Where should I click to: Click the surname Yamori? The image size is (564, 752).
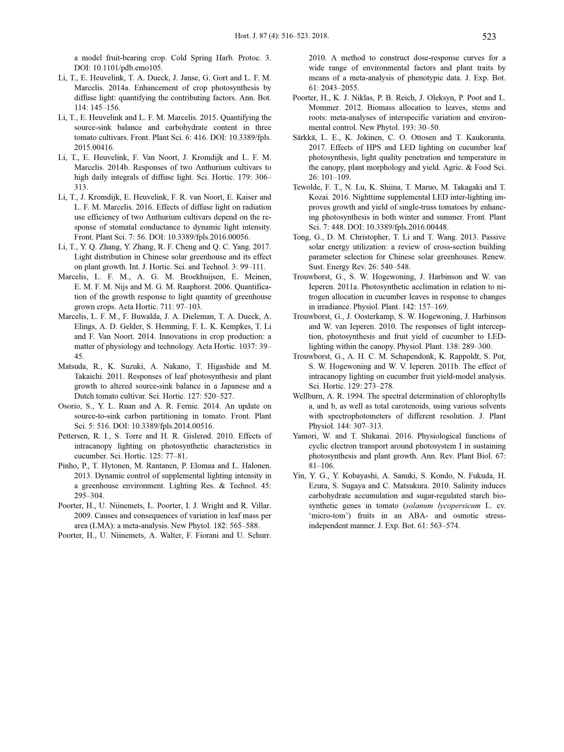tap(306, 436)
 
